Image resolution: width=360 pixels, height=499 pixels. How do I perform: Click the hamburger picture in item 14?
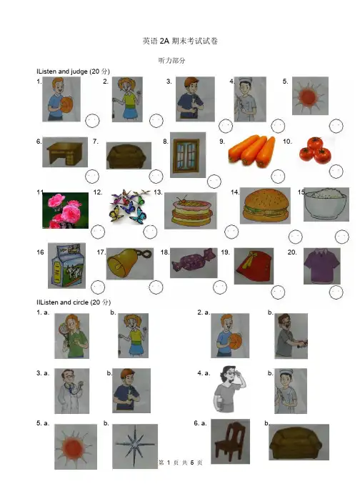[x=265, y=206]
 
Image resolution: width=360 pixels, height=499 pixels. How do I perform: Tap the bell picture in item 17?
[x=129, y=264]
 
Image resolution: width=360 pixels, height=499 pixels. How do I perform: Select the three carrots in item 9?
[x=251, y=151]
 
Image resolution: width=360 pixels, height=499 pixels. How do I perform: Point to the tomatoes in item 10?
[x=315, y=150]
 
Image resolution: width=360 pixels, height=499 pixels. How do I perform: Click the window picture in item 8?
[x=188, y=155]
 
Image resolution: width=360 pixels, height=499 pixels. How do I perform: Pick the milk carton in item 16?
[x=66, y=266]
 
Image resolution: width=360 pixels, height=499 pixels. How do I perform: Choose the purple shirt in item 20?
[x=322, y=266]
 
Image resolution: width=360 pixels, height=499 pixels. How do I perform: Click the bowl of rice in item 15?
[x=326, y=204]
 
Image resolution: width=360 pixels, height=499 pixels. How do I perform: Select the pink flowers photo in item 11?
[x=66, y=210]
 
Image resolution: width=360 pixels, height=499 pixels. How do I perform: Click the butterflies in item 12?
[x=130, y=206]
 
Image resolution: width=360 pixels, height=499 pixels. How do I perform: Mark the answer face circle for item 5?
[x=336, y=126]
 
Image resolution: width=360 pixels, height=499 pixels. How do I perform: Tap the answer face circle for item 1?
[x=93, y=121]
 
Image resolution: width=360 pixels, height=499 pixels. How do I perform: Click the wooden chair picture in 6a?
[x=230, y=441]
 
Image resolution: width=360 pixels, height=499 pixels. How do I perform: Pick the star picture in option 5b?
[x=135, y=446]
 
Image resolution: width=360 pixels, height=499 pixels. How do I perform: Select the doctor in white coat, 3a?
[x=72, y=391]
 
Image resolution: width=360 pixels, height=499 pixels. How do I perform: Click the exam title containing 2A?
[x=180, y=41]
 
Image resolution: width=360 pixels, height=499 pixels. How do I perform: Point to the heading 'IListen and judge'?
[x=73, y=71]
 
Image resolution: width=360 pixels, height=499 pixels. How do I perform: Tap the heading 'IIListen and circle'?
[x=74, y=302]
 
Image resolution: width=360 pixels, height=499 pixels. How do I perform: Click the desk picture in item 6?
[x=65, y=152]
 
